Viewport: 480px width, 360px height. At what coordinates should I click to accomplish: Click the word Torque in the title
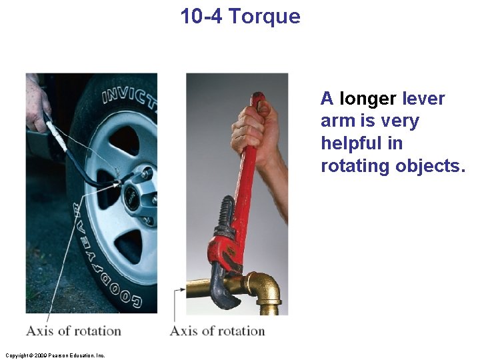click(x=264, y=17)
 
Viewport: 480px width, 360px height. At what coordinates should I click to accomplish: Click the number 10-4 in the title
click(x=202, y=16)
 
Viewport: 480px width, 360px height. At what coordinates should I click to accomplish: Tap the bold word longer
click(x=368, y=99)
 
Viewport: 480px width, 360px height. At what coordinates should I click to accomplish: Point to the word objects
click(x=430, y=166)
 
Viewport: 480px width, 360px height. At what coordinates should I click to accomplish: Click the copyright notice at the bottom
click(x=55, y=355)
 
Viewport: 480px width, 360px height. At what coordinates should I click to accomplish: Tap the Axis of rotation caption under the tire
click(x=73, y=331)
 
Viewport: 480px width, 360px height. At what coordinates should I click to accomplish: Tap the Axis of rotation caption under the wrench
click(x=217, y=331)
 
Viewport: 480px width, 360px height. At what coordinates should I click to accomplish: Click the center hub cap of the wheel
click(x=133, y=193)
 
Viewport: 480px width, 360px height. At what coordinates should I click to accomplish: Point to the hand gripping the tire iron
click(x=37, y=103)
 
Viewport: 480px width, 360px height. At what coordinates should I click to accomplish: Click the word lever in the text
click(x=423, y=99)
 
